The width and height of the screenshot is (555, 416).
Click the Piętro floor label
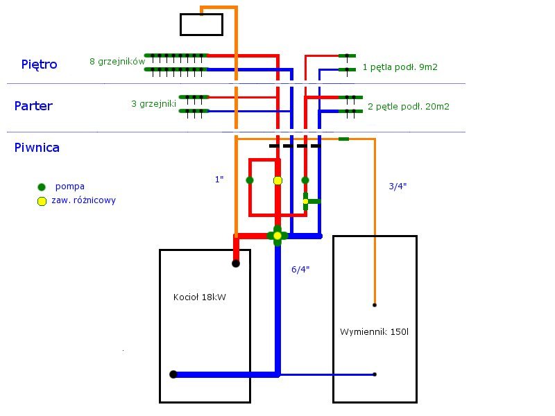point(39,64)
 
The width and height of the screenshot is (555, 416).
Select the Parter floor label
point(33,106)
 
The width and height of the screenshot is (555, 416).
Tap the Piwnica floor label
point(37,148)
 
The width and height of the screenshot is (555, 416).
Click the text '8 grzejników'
point(117,62)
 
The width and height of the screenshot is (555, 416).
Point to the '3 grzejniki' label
point(153,103)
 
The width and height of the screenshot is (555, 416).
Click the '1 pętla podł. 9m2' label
point(400,67)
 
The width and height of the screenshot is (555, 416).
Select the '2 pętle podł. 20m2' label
point(409,107)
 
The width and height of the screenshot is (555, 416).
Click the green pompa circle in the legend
point(42,187)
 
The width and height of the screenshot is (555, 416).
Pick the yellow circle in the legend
point(42,201)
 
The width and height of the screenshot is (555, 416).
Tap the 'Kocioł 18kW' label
point(200,297)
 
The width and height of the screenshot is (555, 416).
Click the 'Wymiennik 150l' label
point(374,332)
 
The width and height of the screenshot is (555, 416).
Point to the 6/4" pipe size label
point(300,270)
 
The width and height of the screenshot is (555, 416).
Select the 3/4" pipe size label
point(398,186)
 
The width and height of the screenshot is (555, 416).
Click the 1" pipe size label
point(219,180)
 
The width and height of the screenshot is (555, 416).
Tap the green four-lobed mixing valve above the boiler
point(277,236)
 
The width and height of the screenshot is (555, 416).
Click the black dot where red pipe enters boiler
point(236,263)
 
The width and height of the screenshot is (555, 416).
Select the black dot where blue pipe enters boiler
point(173,374)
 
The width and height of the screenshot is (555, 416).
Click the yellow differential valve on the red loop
point(278,181)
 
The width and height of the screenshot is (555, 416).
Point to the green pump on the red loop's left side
point(250,180)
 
